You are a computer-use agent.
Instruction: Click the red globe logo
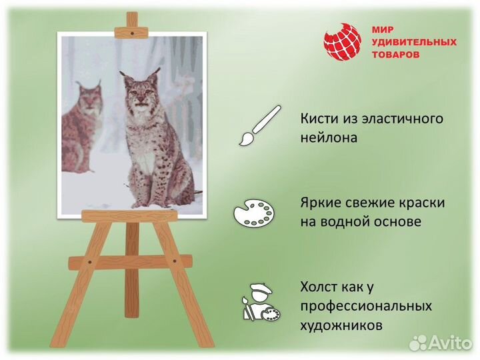342,41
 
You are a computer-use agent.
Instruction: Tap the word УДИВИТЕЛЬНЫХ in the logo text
414,42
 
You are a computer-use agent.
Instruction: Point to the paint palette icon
254,213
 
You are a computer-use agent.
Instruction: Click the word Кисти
317,119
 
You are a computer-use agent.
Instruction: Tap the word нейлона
329,138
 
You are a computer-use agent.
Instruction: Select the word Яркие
319,203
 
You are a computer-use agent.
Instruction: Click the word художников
341,326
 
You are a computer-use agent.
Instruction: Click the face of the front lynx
139,94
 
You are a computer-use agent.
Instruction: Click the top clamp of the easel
131,30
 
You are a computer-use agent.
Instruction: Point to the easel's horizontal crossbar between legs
130,262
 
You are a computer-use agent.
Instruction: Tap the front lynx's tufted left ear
125,77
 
